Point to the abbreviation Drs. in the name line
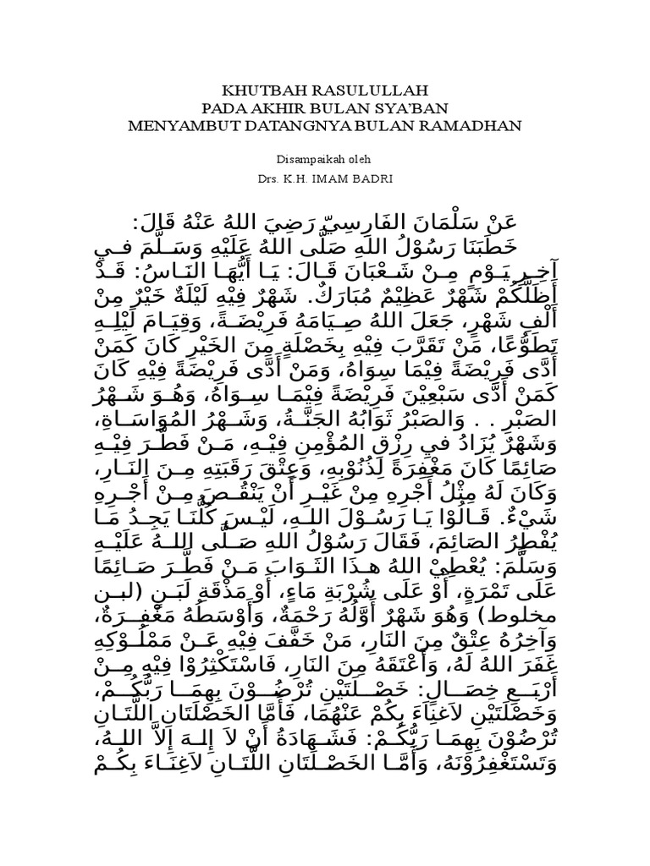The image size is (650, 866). tap(267, 179)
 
